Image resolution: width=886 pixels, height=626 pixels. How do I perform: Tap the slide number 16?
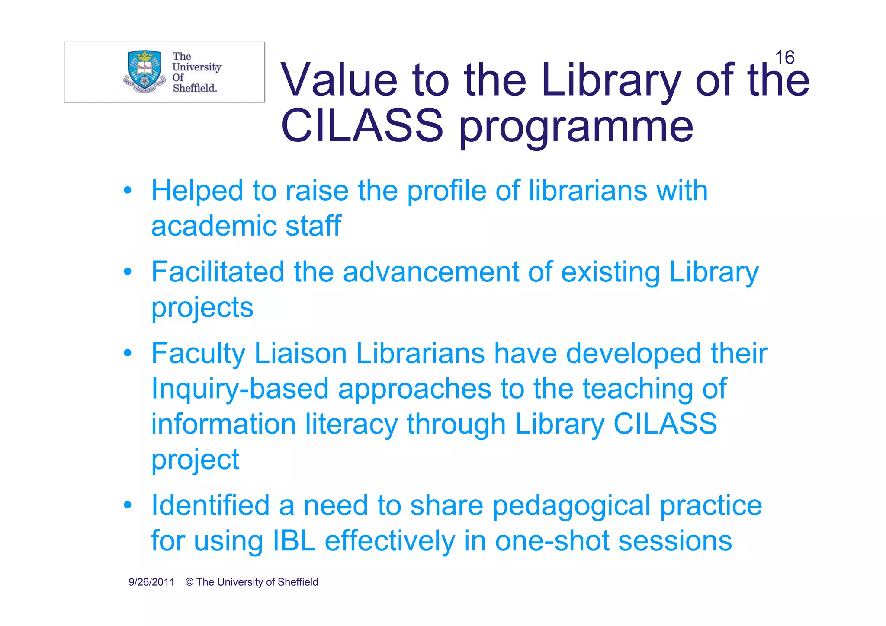784,57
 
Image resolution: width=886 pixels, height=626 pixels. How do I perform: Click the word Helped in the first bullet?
197,191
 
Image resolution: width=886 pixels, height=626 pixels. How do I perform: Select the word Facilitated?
218,272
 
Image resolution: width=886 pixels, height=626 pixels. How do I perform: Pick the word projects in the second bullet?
202,308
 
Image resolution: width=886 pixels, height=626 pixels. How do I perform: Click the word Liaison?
300,353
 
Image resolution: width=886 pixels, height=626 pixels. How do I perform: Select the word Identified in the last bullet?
210,505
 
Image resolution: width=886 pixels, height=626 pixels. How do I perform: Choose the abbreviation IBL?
294,541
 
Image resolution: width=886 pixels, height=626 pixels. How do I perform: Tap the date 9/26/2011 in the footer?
151,582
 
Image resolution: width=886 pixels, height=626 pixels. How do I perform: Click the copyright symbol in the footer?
189,582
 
